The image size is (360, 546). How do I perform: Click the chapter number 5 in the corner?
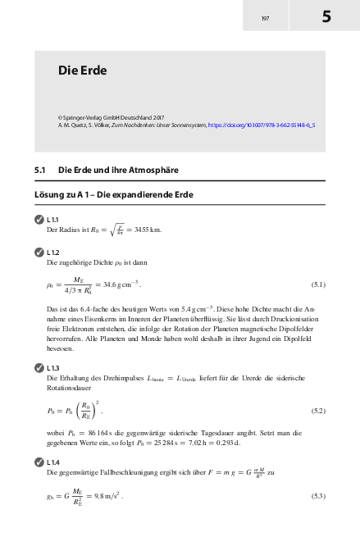tap(326, 16)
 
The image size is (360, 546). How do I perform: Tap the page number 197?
tap(265, 18)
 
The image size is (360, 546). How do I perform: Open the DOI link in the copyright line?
tap(262, 125)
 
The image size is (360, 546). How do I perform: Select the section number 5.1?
tap(40, 171)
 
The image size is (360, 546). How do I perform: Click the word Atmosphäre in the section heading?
tap(152, 171)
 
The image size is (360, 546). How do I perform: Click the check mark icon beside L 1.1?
tap(39, 221)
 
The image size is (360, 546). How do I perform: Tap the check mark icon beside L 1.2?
tap(39, 253)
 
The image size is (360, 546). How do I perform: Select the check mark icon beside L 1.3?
tap(39, 368)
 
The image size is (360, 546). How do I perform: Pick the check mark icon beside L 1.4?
tap(39, 463)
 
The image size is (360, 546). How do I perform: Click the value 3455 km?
tap(148, 230)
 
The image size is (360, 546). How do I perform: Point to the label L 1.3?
tap(52, 368)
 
